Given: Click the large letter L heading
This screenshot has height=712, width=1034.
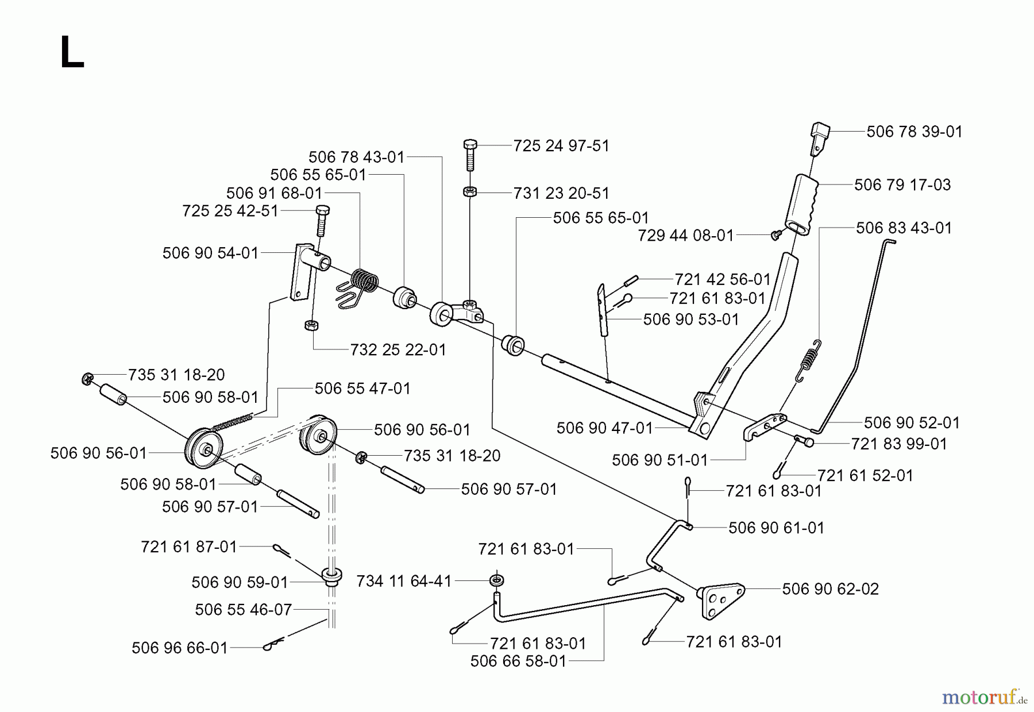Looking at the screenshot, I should (x=72, y=53).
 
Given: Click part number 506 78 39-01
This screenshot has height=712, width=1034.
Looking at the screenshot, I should (x=914, y=132).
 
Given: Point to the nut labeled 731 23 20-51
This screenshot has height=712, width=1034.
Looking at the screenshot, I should (x=469, y=192).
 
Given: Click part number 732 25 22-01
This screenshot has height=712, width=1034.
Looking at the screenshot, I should (x=398, y=349).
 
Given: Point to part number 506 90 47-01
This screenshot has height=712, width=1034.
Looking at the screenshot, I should (x=605, y=428).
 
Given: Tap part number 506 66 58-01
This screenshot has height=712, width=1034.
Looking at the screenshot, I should (x=518, y=661).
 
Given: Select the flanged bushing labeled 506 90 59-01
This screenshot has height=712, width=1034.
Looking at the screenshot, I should (x=332, y=575).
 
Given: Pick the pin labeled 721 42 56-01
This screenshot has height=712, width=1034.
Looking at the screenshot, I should (x=631, y=281).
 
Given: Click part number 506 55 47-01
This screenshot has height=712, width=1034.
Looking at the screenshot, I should (x=362, y=388).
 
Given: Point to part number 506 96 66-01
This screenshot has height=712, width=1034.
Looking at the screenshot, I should (x=180, y=648).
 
